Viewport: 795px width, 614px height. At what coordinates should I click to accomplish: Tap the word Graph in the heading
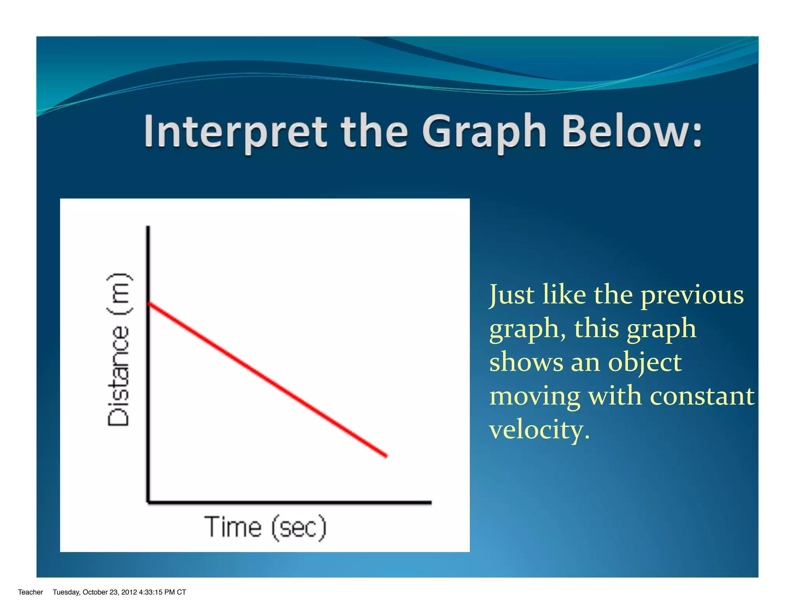(484, 133)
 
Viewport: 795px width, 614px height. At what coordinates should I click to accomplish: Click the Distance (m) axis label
(119, 349)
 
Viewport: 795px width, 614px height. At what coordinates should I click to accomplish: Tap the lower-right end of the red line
(386, 456)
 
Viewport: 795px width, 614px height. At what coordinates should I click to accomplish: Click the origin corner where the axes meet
(148, 502)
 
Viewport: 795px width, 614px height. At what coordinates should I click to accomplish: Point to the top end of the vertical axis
(148, 227)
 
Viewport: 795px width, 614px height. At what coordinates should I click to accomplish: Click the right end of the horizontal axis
(430, 503)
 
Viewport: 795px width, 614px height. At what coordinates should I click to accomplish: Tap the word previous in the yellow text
(692, 295)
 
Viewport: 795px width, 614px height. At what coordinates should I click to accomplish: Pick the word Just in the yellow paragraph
(512, 295)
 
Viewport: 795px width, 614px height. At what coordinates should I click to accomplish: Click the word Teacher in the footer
(30, 592)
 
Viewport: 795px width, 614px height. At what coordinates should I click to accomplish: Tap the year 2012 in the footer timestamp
(129, 592)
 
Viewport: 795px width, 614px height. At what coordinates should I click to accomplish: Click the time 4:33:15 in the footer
(151, 592)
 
